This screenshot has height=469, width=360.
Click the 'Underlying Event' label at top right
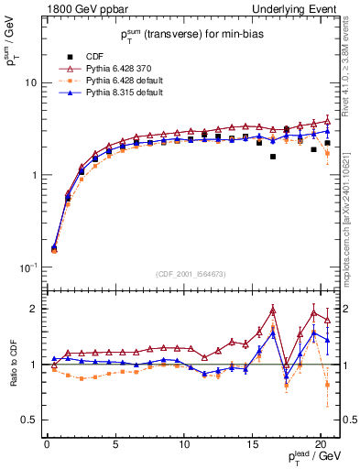[x=297, y=8]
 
